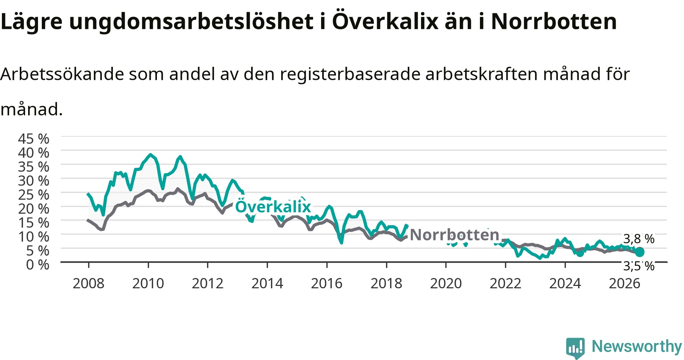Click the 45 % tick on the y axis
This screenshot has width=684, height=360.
(33, 139)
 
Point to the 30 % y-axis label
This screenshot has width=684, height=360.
(33, 180)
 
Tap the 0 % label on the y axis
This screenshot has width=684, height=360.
(38, 264)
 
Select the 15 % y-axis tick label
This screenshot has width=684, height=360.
(33, 223)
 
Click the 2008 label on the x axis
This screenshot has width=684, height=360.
(89, 283)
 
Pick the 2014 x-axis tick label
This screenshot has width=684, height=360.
(267, 283)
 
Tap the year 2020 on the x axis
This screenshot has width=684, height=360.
(446, 283)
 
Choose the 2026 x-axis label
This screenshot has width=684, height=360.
(625, 283)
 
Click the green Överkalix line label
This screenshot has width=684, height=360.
(273, 207)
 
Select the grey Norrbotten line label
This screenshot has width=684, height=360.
(454, 235)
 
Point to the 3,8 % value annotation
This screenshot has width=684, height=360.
(639, 239)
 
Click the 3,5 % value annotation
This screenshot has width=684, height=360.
(639, 266)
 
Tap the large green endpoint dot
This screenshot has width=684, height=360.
(640, 252)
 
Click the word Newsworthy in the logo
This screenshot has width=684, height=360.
(637, 346)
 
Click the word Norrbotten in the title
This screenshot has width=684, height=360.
(554, 21)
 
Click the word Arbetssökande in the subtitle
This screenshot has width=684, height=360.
(62, 74)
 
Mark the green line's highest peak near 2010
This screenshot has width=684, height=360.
(151, 155)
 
